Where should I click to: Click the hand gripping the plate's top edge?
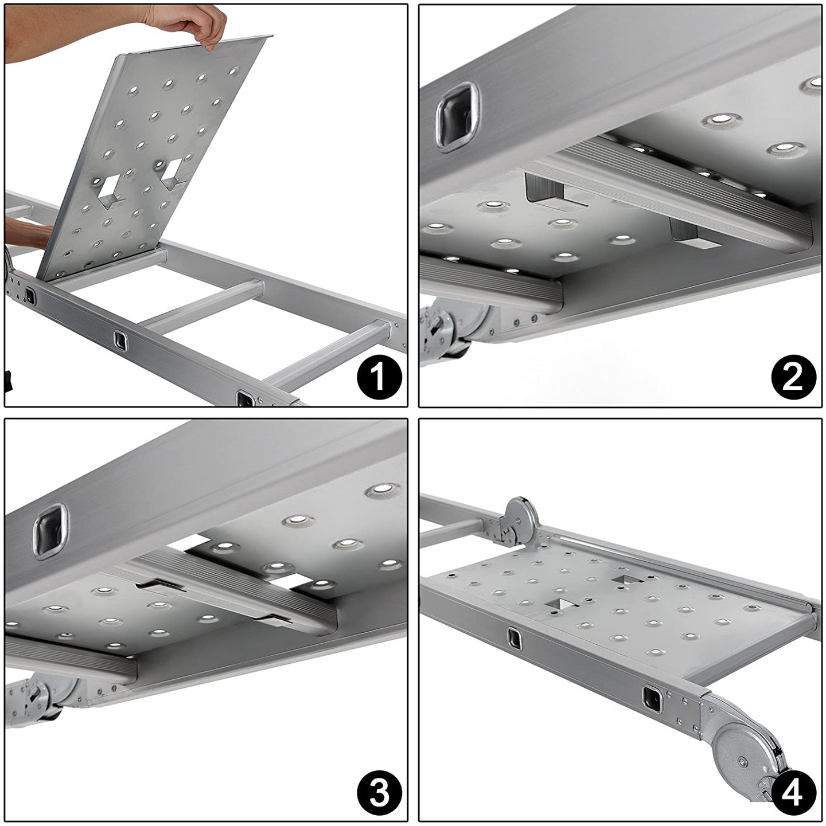189,25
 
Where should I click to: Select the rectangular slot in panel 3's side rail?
50,531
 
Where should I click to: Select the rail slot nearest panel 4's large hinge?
653,699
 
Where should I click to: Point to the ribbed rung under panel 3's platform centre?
223,594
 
